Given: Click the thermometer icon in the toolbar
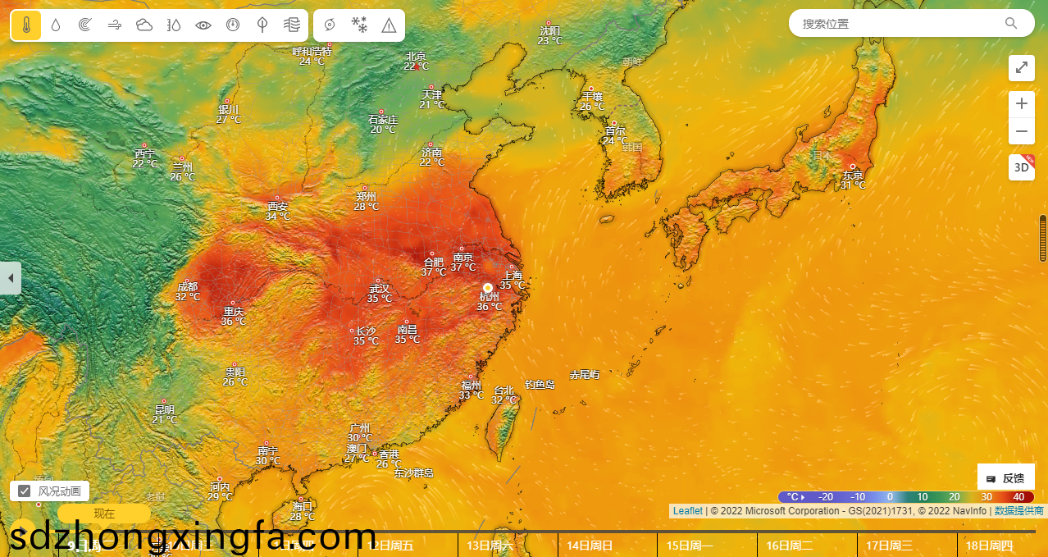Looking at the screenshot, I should coord(26,25).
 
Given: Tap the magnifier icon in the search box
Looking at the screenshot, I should coord(1011,23).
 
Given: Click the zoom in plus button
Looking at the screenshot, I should coord(1021,103).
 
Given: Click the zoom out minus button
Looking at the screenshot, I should coord(1021,130).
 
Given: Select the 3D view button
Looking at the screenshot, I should coord(1021,167).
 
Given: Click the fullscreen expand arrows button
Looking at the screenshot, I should coord(1021,67).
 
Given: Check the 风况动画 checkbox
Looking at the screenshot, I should coord(25,491).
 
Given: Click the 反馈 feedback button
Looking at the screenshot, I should coord(1005,478).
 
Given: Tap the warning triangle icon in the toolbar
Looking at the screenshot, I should coord(389,25).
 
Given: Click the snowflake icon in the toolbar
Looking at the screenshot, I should coord(359,25).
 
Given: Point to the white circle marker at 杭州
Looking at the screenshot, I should coord(488,288).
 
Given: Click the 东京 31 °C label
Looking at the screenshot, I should coord(853,180).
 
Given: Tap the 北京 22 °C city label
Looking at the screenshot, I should coord(417,62).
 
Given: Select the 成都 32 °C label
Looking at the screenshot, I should coord(187,291).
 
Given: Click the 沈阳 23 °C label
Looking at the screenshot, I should coord(550,35).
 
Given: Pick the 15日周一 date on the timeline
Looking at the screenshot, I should coord(690,546).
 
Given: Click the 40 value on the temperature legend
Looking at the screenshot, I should coord(1018,497).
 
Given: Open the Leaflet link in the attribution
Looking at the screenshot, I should coord(687,511).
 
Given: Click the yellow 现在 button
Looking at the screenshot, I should coord(104,514).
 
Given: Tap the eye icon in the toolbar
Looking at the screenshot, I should coord(203,25).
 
